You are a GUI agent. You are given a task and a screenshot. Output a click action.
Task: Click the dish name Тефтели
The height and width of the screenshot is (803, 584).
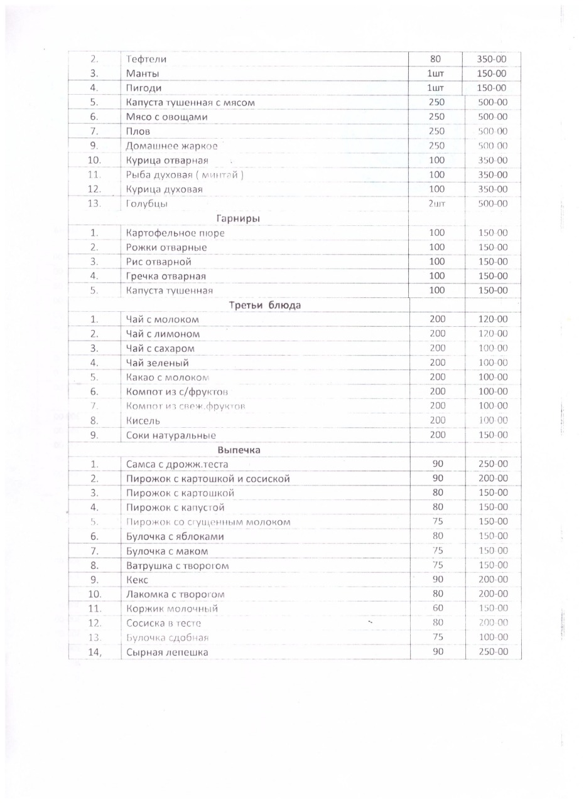click(x=147, y=60)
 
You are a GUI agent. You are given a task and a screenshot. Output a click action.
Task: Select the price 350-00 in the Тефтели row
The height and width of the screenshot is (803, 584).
click(x=493, y=60)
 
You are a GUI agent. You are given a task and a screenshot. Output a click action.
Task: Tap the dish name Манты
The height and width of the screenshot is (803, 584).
click(x=143, y=74)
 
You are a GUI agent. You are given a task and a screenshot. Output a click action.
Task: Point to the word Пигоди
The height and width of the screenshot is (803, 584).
click(x=144, y=88)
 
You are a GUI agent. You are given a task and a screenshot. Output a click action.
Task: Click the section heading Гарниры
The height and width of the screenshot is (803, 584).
click(x=239, y=218)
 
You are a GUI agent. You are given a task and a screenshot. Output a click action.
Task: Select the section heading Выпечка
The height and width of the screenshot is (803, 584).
click(x=239, y=450)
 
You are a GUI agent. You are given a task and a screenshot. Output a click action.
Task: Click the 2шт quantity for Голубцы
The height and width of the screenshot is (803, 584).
click(x=436, y=204)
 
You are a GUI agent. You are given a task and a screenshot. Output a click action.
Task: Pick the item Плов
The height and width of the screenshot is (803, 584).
click(x=138, y=132)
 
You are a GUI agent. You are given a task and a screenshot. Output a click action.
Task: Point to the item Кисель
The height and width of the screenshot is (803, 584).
click(x=144, y=421)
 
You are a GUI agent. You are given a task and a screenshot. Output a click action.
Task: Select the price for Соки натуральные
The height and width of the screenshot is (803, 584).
click(x=493, y=435)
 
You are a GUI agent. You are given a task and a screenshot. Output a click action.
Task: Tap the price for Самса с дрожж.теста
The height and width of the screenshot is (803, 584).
click(x=493, y=464)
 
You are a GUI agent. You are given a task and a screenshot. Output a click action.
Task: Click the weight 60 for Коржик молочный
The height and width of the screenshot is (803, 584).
click(x=438, y=609)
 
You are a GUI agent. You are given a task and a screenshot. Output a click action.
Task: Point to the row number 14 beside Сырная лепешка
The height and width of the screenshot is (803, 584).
click(x=95, y=652)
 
